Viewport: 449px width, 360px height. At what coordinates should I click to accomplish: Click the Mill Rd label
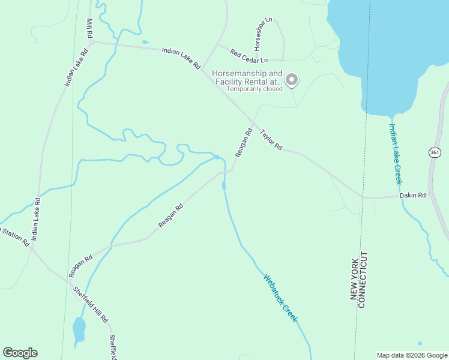click(x=89, y=29)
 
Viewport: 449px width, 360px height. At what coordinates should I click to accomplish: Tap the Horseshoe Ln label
click(x=262, y=34)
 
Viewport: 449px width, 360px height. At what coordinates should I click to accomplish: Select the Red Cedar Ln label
click(x=248, y=57)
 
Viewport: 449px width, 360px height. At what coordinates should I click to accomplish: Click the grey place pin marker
click(x=292, y=79)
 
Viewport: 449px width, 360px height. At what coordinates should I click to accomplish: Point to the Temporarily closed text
click(x=254, y=89)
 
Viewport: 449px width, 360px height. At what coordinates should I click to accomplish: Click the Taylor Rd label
click(x=271, y=139)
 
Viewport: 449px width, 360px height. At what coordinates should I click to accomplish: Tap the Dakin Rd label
click(x=413, y=195)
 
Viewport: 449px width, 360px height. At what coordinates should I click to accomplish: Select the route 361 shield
click(x=436, y=153)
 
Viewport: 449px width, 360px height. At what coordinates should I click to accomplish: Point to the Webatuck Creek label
click(x=280, y=298)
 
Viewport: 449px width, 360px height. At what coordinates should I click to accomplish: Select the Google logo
click(x=20, y=353)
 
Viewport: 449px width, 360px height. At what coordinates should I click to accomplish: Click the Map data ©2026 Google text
click(x=412, y=355)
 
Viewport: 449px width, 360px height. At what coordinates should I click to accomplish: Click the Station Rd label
click(x=14, y=236)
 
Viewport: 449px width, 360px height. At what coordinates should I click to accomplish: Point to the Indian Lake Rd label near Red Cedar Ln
click(x=180, y=58)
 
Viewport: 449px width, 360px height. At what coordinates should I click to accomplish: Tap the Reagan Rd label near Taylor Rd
click(x=243, y=142)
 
